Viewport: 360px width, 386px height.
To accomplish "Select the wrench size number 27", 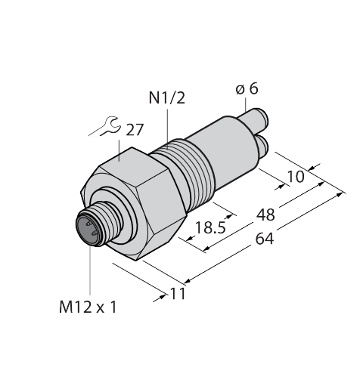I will point(135,131).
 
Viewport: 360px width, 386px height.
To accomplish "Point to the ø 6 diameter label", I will point(247,89).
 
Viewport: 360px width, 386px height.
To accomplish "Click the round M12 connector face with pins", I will point(89,228).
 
